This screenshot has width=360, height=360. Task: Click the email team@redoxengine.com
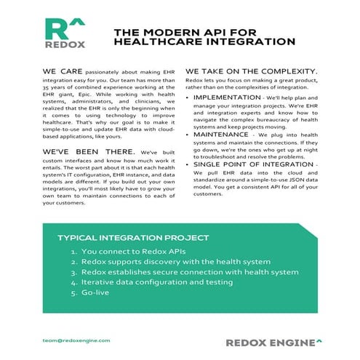pos(76,340)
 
